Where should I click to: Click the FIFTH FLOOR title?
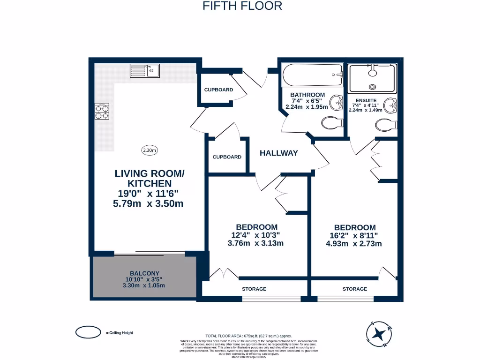pyautogui.click(x=242, y=6)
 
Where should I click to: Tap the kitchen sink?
pyautogui.click(x=145, y=71)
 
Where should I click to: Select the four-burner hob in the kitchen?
pyautogui.click(x=103, y=111)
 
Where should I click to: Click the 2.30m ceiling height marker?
pyautogui.click(x=150, y=150)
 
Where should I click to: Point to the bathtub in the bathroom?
pyautogui.click(x=312, y=75)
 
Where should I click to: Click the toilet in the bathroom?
pyautogui.click(x=331, y=123)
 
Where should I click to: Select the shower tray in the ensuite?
pyautogui.click(x=373, y=78)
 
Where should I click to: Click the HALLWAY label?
pyautogui.click(x=279, y=153)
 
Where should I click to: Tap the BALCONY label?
pyautogui.click(x=145, y=273)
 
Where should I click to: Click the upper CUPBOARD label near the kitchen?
pyautogui.click(x=218, y=90)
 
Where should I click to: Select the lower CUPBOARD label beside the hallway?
pyautogui.click(x=227, y=157)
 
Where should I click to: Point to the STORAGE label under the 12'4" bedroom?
pyautogui.click(x=254, y=289)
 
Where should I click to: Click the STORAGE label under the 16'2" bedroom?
pyautogui.click(x=354, y=289)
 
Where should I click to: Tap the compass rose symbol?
pyautogui.click(x=380, y=334)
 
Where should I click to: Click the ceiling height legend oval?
pyautogui.click(x=89, y=332)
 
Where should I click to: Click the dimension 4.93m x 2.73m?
pyautogui.click(x=355, y=244)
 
